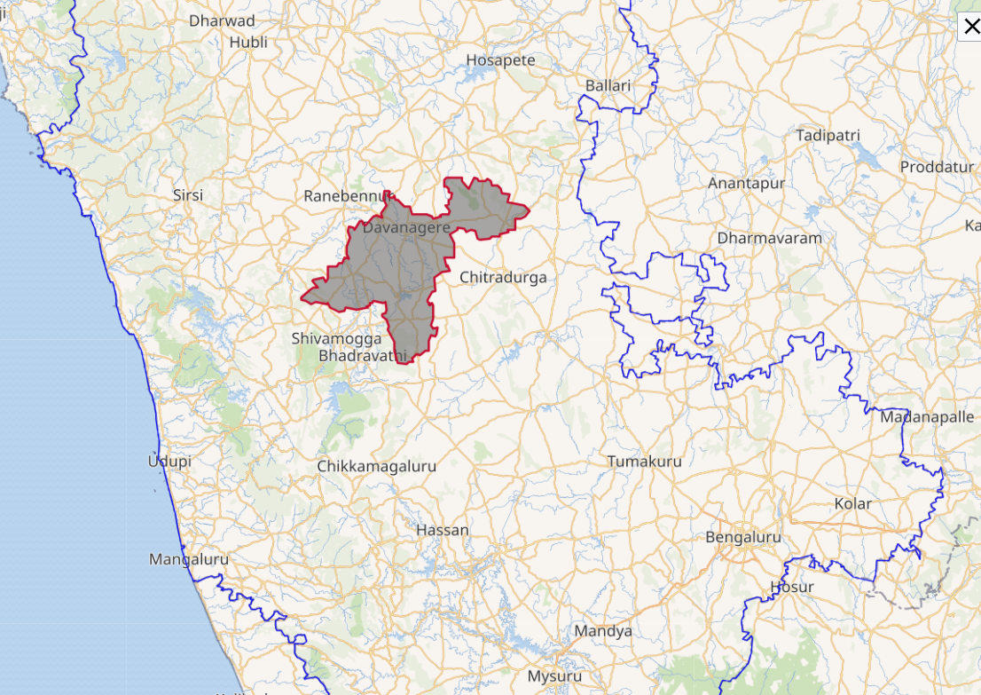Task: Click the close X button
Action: [971, 27]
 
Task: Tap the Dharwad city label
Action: [222, 20]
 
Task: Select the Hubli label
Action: [248, 42]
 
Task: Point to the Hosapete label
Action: [501, 60]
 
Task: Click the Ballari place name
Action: [608, 85]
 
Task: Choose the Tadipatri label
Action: [828, 136]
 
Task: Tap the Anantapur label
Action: [747, 184]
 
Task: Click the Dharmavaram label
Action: [770, 238]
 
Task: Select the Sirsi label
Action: [188, 195]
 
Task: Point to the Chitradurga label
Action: [503, 277]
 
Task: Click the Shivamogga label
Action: [337, 338]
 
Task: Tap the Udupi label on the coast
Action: [169, 462]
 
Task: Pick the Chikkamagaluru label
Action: [377, 466]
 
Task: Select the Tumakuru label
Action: [645, 462]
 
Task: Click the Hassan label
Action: [443, 530]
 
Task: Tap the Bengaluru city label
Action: [743, 537]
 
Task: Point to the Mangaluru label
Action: [189, 559]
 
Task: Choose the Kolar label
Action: [853, 503]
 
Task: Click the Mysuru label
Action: [554, 675]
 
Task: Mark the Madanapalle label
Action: [927, 417]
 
